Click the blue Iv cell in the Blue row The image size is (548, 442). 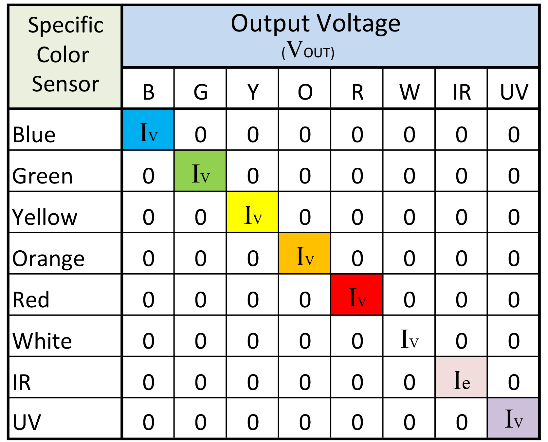coord(148,130)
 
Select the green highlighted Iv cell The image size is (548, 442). coord(200,171)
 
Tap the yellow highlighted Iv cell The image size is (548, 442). coord(252,212)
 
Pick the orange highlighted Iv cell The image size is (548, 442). coord(304,253)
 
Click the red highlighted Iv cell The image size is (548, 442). coord(357,295)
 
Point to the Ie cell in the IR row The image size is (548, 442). coord(461,377)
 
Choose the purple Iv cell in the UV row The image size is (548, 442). coord(513,418)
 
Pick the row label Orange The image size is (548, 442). coord(48,259)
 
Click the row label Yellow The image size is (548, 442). coord(45,217)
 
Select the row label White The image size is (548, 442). coord(42,341)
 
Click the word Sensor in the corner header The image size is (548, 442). coord(65,84)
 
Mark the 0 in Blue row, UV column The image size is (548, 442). coord(514,134)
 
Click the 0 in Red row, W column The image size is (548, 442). coord(409,299)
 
